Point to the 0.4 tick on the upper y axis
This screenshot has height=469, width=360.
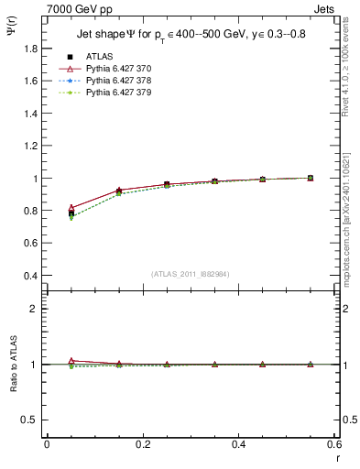point(31,276)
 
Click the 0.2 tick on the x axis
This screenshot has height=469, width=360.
point(143,444)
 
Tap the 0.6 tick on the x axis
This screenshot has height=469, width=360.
point(334,444)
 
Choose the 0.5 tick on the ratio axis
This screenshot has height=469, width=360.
point(31,420)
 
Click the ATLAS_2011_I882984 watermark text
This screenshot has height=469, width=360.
point(191,274)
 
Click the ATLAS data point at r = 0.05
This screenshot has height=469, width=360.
point(71,213)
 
